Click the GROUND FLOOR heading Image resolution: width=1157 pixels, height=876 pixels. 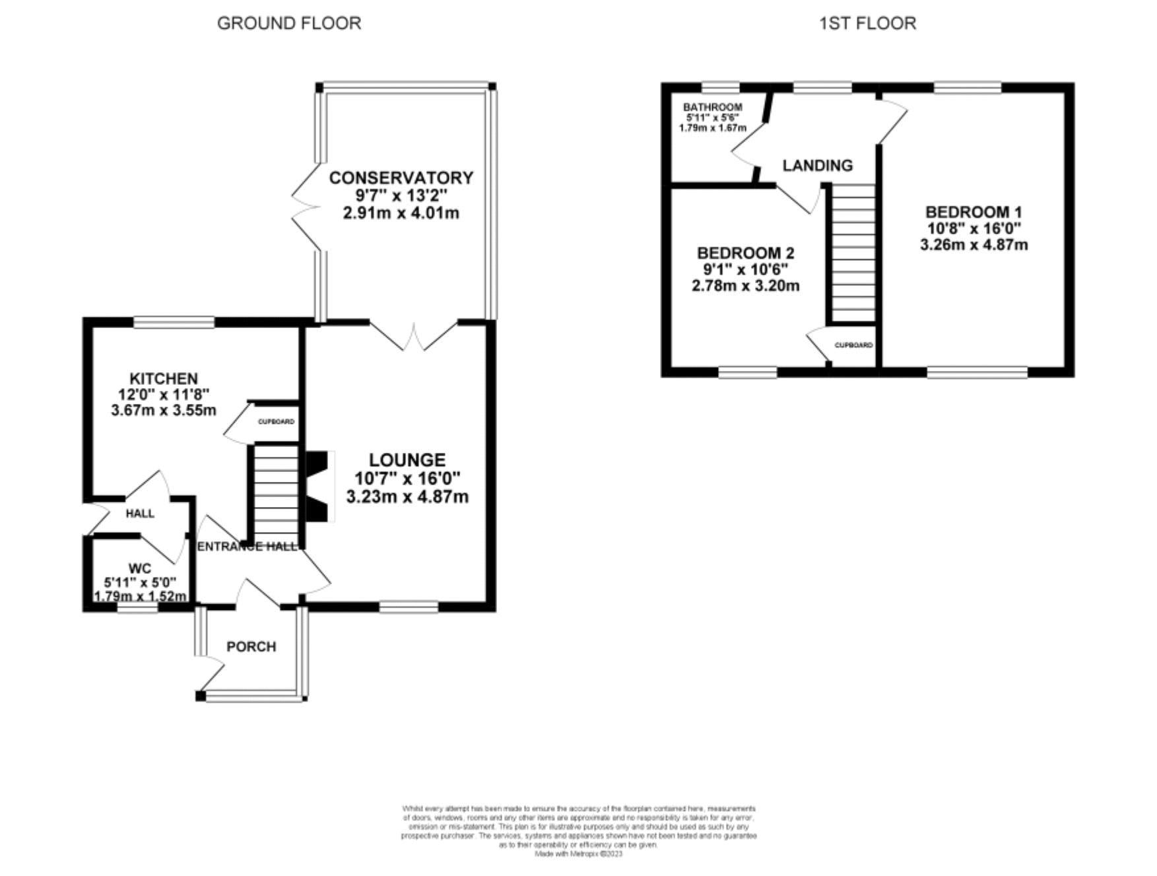(289, 23)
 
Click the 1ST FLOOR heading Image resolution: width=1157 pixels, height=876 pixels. (867, 23)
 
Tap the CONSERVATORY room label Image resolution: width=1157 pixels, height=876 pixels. (401, 178)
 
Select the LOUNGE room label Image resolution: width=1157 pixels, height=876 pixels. (407, 459)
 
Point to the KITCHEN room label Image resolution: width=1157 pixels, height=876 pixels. (163, 378)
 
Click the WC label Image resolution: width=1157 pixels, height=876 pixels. (140, 568)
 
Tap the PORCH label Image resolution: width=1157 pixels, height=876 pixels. (251, 646)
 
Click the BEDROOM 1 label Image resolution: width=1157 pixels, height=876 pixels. (974, 212)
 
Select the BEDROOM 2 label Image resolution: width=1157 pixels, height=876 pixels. (746, 253)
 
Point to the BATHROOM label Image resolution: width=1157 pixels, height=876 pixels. (712, 107)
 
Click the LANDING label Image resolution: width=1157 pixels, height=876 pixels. (817, 165)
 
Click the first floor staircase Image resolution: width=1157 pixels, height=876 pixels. (853, 252)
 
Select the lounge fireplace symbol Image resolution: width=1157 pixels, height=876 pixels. (318, 487)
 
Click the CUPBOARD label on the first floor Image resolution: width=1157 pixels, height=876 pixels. (853, 345)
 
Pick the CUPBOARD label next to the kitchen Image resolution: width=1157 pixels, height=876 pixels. (276, 421)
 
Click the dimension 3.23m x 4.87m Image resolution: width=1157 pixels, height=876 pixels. (407, 496)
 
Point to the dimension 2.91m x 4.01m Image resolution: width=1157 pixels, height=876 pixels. (401, 213)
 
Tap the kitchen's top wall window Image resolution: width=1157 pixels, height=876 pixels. (174, 322)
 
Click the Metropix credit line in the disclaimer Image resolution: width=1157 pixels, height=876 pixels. (578, 854)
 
